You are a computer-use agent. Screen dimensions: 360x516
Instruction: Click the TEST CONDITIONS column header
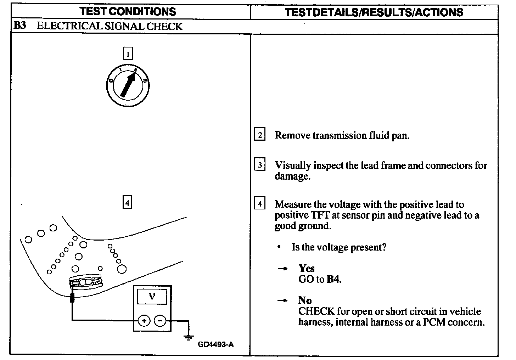point(128,11)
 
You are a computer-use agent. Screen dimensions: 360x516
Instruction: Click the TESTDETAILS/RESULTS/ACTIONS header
point(374,12)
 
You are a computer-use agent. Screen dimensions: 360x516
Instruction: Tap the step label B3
point(20,26)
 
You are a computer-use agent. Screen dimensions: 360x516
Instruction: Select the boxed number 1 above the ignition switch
point(127,54)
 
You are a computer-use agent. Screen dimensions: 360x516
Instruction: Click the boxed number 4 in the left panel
point(127,202)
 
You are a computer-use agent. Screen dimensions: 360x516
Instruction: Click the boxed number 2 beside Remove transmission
point(260,135)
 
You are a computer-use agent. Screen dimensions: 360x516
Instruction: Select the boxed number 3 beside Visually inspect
point(260,165)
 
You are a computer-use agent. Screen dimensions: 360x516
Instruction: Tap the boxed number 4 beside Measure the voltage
point(260,204)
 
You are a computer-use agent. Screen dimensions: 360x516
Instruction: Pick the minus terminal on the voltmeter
point(160,321)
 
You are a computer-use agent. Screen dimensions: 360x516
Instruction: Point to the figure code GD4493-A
point(216,344)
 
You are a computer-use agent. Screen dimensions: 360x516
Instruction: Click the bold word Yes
point(307,268)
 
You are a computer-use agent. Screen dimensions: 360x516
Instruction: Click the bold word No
point(305,300)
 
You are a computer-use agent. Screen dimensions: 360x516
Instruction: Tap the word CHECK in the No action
point(316,311)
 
